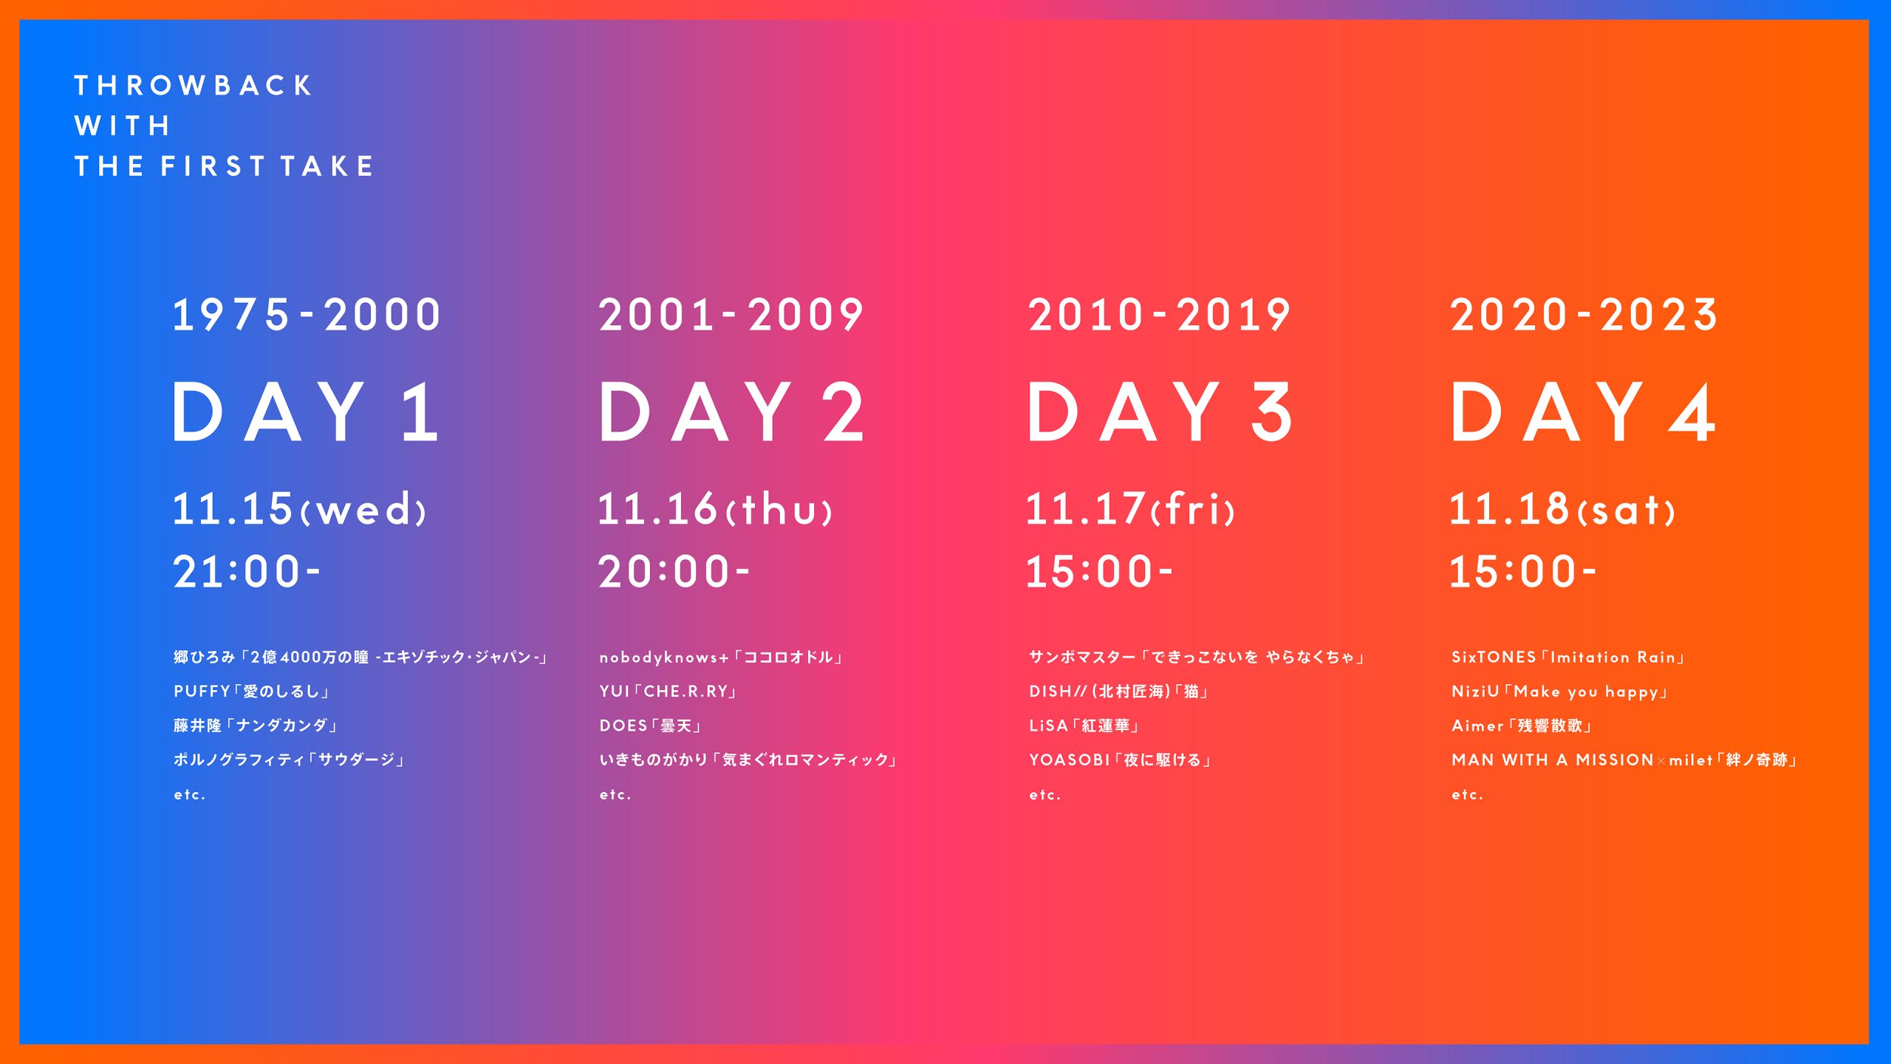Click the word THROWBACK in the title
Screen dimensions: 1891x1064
(194, 86)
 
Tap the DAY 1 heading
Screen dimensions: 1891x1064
(307, 412)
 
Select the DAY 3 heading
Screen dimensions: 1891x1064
(1160, 412)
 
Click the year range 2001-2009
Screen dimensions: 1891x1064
(731, 315)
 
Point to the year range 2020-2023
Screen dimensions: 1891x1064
(1584, 315)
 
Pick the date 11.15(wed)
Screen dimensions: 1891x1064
(299, 509)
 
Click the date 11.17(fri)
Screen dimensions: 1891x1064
(1130, 509)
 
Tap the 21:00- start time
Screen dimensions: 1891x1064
(247, 572)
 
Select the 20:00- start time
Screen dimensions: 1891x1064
(674, 572)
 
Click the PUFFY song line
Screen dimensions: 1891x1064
(252, 692)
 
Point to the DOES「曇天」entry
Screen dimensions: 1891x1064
(651, 726)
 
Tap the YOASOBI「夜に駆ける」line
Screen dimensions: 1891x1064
(1121, 760)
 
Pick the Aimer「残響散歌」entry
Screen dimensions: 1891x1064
(1522, 726)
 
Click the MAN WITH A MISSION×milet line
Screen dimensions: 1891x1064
(1624, 760)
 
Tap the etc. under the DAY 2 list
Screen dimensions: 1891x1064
(615, 795)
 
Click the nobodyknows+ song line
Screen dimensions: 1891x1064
(722, 657)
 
